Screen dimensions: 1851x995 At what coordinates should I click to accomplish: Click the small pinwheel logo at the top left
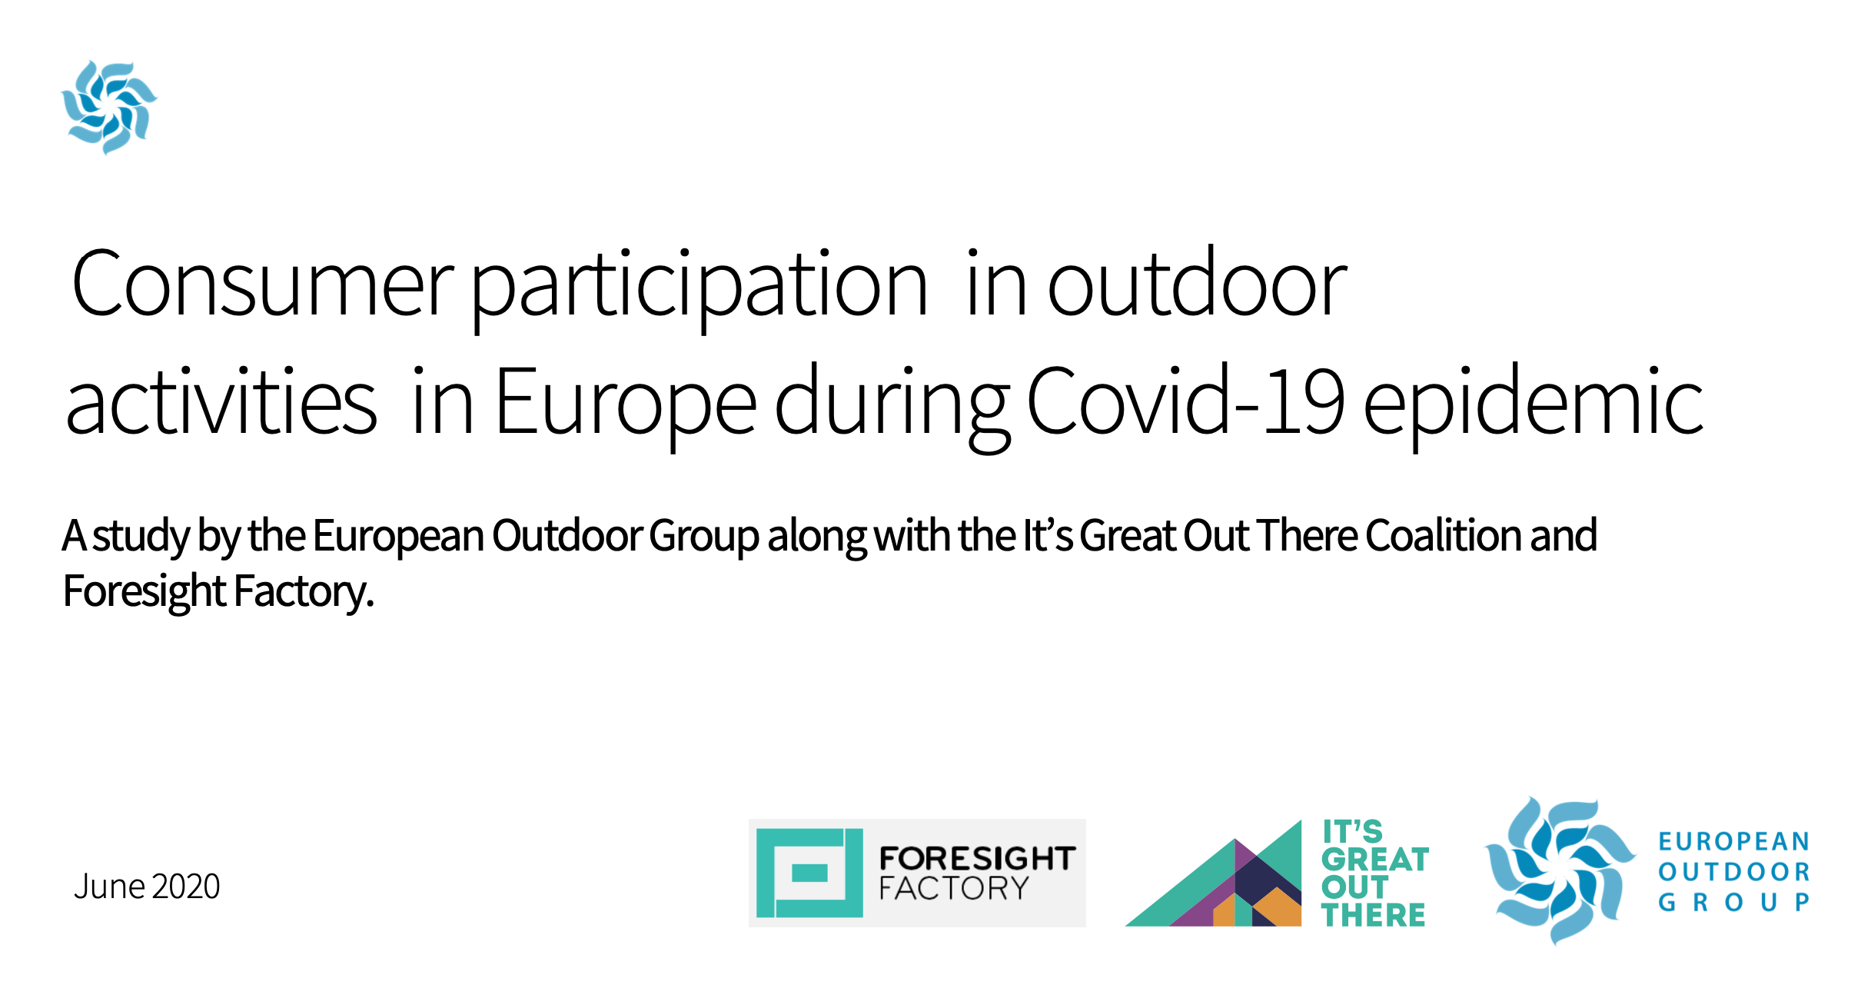(109, 107)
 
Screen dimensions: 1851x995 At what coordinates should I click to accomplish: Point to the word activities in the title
(221, 401)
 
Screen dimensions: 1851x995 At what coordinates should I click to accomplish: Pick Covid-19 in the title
(1185, 400)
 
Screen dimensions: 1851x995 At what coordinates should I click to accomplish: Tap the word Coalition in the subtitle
(1444, 535)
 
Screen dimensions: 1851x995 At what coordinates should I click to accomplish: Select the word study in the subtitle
(141, 537)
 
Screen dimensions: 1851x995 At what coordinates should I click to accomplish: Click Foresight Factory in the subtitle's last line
(218, 591)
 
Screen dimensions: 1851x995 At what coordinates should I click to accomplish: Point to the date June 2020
(147, 887)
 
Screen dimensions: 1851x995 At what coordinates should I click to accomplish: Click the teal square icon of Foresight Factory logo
(809, 873)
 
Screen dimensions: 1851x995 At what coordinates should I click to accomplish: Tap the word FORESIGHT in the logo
(977, 858)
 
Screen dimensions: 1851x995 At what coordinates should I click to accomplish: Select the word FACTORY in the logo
(953, 889)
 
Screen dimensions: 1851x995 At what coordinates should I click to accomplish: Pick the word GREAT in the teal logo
(1375, 860)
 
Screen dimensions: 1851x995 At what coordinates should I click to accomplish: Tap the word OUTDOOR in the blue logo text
(1733, 872)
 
